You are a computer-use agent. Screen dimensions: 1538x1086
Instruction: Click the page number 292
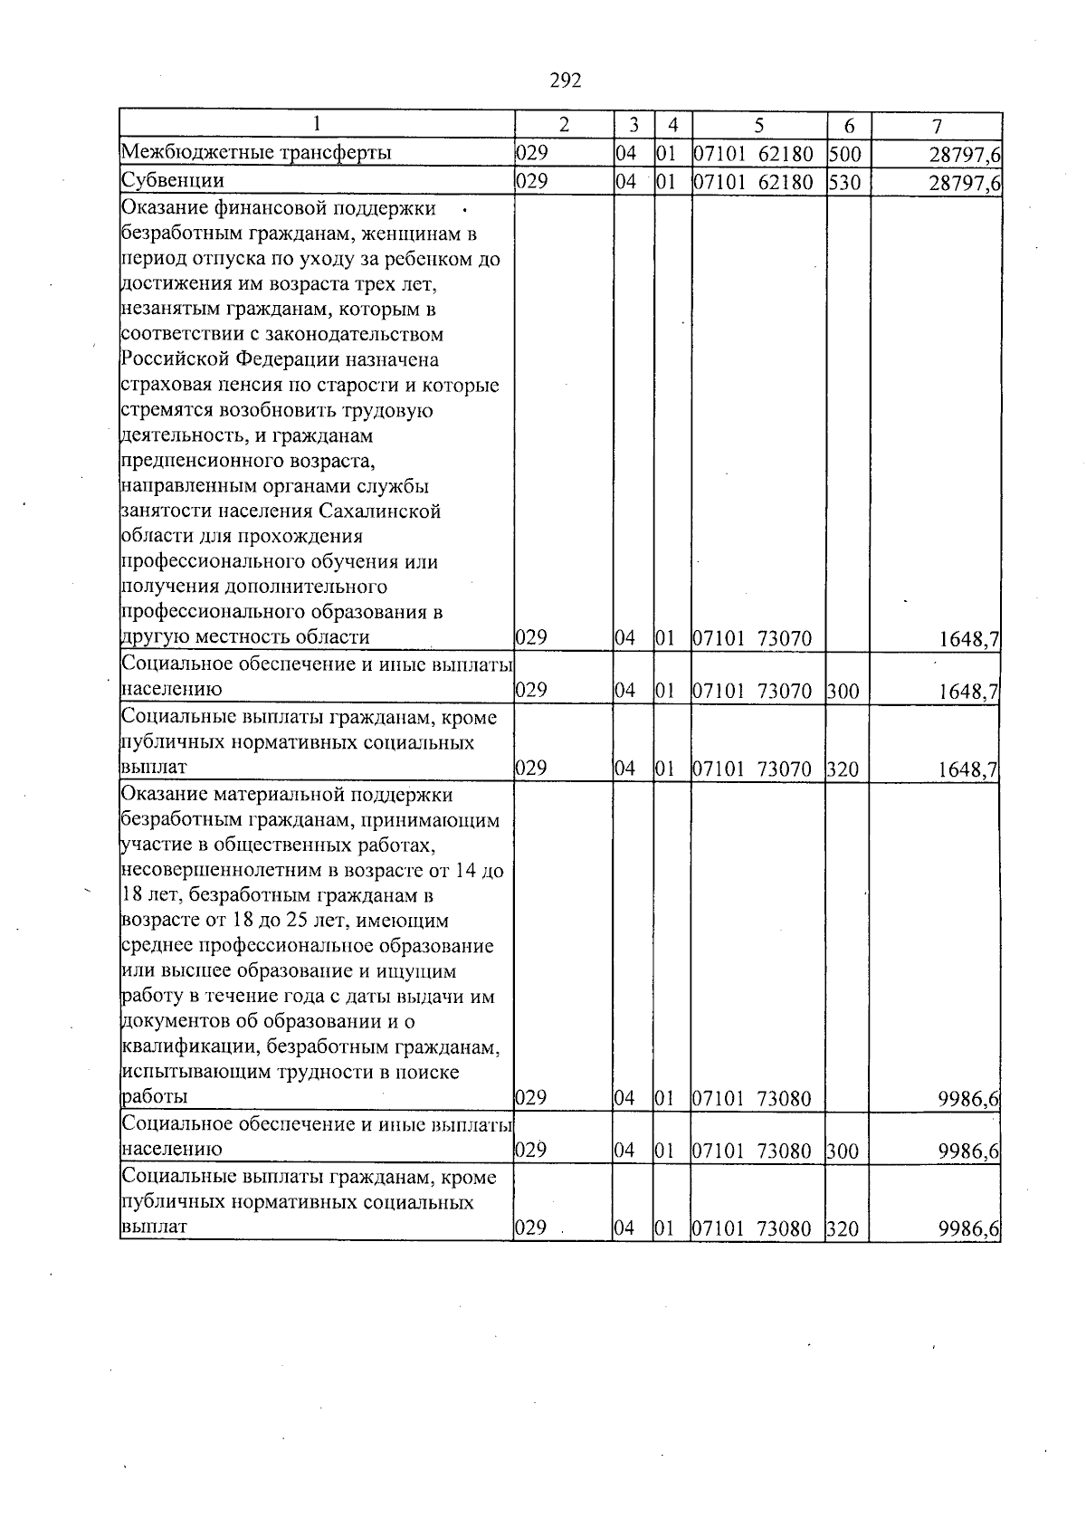coord(565,81)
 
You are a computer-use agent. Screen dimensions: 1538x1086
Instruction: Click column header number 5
coord(758,125)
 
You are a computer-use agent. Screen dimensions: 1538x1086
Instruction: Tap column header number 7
coord(937,125)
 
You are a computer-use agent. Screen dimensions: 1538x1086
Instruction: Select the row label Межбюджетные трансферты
coord(256,153)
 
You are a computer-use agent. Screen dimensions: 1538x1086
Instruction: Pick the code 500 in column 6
coord(845,154)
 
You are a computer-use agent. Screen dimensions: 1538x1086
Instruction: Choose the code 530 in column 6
coord(845,184)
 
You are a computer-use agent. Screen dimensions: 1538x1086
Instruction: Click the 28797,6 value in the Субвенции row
coord(964,185)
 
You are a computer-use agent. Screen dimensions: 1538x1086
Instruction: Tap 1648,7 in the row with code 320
coord(968,770)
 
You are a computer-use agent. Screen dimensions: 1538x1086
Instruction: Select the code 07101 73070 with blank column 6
coord(752,640)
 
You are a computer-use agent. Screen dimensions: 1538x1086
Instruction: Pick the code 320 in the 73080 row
coord(843,1229)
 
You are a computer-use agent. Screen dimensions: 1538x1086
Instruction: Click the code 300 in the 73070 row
coord(843,693)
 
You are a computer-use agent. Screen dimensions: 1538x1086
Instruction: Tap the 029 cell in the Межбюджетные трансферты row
coord(531,153)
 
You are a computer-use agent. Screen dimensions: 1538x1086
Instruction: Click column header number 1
coord(317,124)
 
